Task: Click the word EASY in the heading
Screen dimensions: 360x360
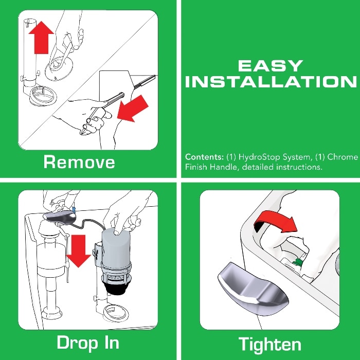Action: click(271, 66)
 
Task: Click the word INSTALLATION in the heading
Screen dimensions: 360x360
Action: click(271, 82)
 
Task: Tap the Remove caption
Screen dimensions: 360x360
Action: click(79, 162)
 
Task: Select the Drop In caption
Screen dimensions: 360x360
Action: click(88, 343)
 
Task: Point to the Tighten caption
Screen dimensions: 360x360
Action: click(270, 344)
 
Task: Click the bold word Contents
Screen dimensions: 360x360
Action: click(203, 157)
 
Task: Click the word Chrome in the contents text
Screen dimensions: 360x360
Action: click(342, 157)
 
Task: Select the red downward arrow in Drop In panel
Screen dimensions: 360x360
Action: click(79, 250)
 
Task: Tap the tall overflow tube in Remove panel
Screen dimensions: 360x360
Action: click(29, 57)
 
